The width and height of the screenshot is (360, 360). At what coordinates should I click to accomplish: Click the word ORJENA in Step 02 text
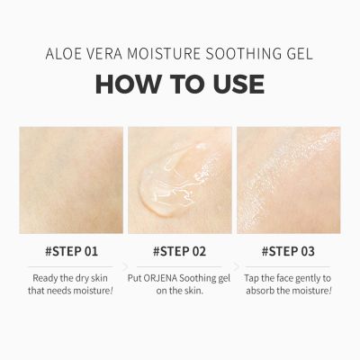pos(170,279)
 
